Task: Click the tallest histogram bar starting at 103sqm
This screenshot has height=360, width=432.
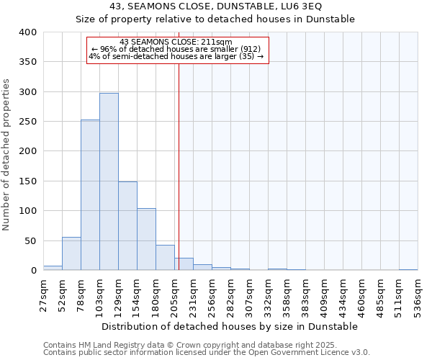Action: [x=109, y=181]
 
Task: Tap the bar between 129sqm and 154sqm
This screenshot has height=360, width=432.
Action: [x=127, y=225]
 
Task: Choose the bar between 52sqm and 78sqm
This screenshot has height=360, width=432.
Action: [x=71, y=253]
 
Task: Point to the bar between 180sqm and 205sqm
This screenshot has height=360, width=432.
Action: [x=165, y=258]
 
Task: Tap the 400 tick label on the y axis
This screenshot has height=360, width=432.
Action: [x=27, y=32]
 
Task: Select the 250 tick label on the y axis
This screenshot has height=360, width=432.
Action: [x=27, y=122]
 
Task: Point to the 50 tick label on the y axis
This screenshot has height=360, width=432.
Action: [x=30, y=240]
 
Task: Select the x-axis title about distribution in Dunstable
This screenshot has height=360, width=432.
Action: [x=230, y=326]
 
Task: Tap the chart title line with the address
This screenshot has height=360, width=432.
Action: [x=216, y=6]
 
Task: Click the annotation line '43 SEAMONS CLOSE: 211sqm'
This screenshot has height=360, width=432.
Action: [x=176, y=42]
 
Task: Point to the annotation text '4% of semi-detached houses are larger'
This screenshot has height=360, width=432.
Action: [x=176, y=56]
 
